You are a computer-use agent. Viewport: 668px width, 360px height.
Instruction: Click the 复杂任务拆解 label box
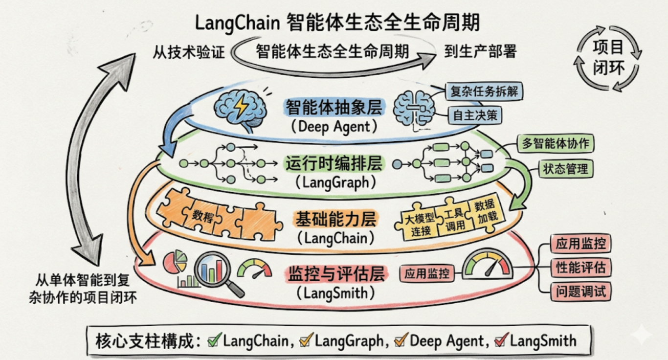[484, 91]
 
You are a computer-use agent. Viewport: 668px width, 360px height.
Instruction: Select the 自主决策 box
[475, 115]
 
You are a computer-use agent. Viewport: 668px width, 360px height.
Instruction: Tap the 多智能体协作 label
[556, 143]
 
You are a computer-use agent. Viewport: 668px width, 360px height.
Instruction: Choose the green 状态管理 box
[566, 169]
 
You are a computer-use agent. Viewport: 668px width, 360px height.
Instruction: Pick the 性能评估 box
[580, 267]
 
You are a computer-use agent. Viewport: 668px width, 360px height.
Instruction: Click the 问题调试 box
[580, 291]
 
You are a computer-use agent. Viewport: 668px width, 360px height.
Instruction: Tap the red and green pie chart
[175, 261]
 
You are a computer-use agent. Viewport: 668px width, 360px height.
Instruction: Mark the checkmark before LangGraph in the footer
[306, 340]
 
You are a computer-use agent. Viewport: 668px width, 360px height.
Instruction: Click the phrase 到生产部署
[480, 51]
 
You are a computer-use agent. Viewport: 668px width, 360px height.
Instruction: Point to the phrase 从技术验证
[188, 52]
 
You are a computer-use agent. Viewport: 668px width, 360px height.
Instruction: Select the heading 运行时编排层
[334, 164]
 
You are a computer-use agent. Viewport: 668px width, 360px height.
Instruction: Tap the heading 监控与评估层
[336, 274]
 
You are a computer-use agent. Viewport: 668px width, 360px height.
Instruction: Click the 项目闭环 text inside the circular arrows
[608, 58]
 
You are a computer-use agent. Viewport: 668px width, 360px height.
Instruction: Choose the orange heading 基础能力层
[336, 219]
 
